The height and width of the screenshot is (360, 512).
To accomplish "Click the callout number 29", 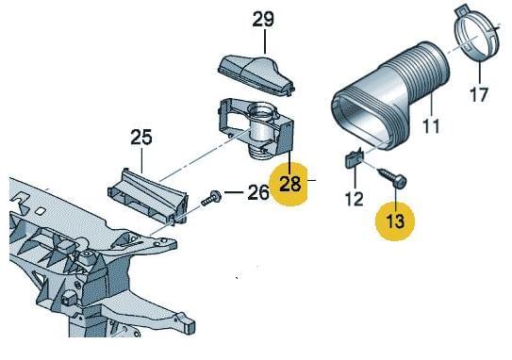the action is [x=263, y=20].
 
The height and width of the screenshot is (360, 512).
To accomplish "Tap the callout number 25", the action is [x=141, y=137].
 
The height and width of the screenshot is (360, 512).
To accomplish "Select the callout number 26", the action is [x=258, y=192].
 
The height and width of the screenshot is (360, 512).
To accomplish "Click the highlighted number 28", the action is [x=290, y=184].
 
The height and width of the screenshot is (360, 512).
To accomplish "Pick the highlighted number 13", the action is [x=395, y=221].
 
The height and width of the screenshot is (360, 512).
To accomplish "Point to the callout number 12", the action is [x=354, y=199].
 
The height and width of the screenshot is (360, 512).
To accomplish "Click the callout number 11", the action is [x=431, y=125].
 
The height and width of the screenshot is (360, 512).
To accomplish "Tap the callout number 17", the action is [x=479, y=94].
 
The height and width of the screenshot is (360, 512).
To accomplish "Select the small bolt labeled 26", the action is [x=211, y=198].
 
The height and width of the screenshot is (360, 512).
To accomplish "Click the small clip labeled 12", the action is [x=354, y=158].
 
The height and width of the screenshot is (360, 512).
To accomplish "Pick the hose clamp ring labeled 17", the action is [x=476, y=33].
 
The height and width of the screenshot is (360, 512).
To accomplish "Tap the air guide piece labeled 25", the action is [x=148, y=197].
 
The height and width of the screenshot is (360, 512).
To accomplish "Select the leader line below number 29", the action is [x=265, y=41].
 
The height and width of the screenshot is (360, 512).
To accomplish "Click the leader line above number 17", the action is [x=480, y=71].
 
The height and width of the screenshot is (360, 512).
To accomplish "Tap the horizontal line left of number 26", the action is [x=234, y=192].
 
